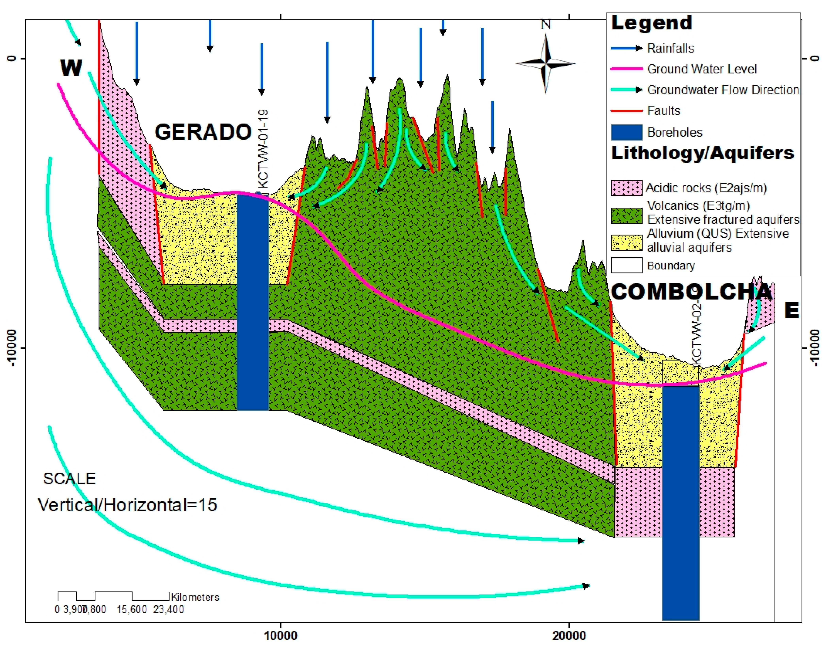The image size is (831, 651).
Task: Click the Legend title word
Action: [651, 23]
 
